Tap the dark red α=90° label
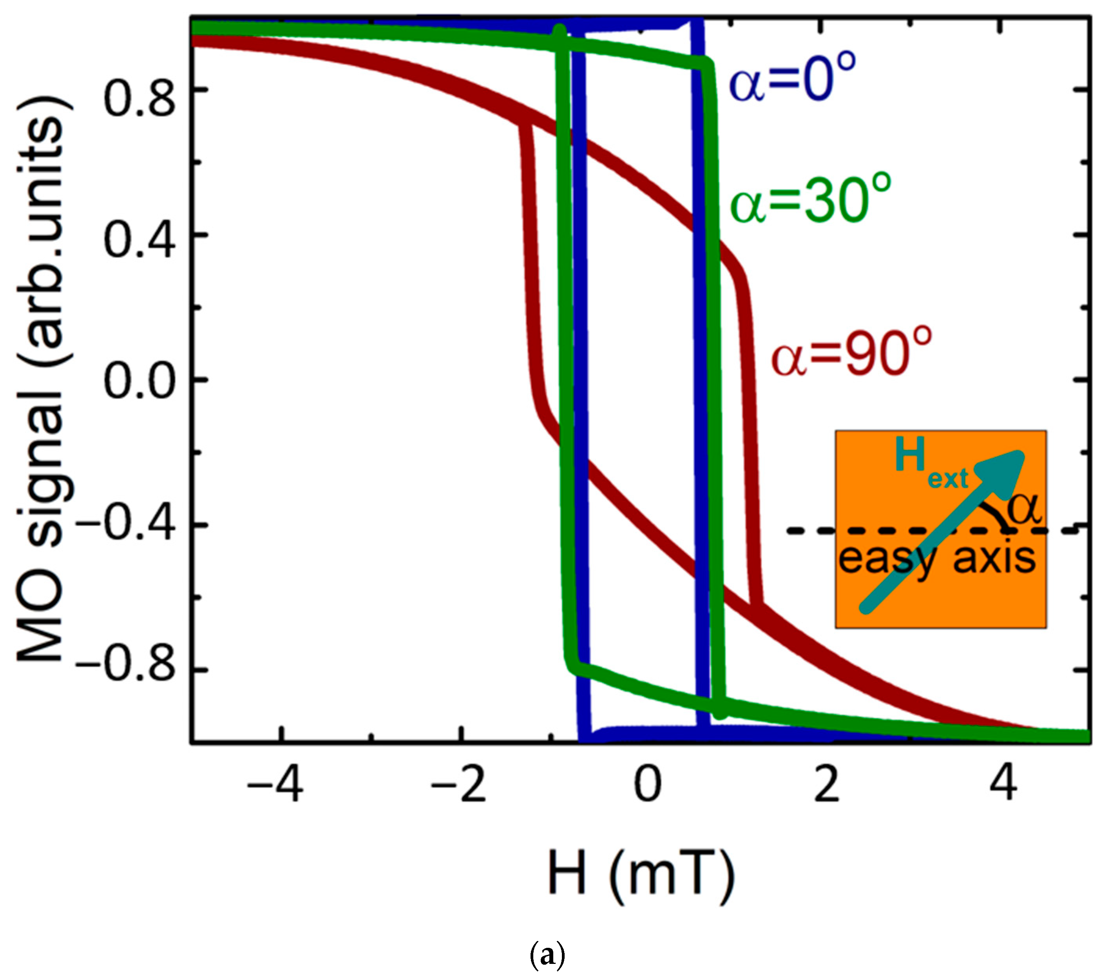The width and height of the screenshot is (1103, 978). point(851,354)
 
